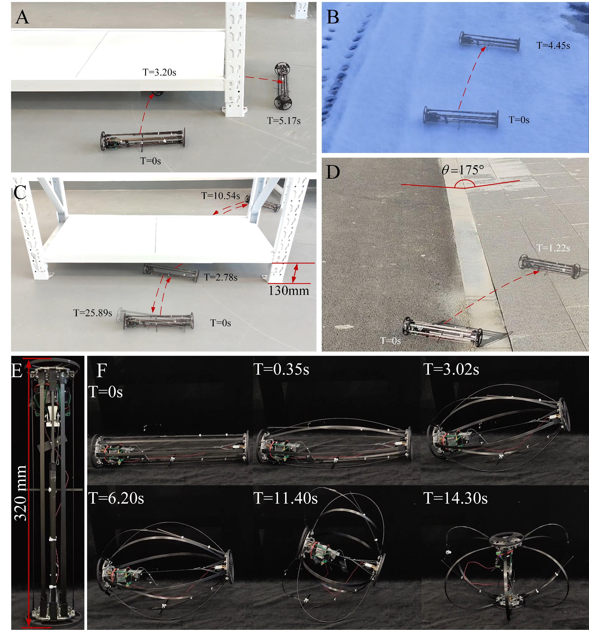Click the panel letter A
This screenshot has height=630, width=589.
click(x=22, y=17)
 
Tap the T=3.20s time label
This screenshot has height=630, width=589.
click(x=159, y=72)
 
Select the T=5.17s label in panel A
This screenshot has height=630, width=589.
click(x=284, y=121)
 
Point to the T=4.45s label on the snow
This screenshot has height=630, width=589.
click(x=553, y=46)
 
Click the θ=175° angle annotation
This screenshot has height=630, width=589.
click(x=463, y=170)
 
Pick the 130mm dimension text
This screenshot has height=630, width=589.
click(x=289, y=291)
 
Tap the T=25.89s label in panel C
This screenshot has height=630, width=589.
click(x=93, y=313)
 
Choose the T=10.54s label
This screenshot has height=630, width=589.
click(x=221, y=196)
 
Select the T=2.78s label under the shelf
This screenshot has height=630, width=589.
click(x=221, y=277)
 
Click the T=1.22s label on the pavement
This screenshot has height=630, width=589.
click(x=553, y=248)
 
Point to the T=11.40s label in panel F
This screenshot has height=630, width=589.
click(x=286, y=498)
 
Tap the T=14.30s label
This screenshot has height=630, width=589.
click(x=456, y=498)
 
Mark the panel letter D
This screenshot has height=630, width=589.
click(x=333, y=172)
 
